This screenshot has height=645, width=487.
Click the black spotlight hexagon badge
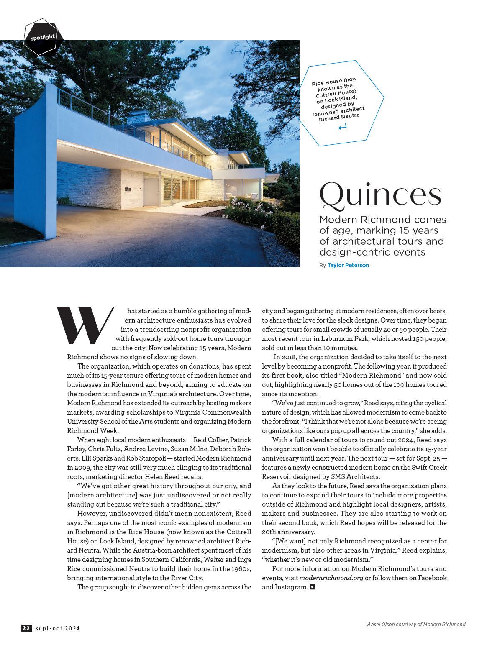43,38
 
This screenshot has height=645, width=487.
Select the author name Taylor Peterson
348,265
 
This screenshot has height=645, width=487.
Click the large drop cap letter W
85,325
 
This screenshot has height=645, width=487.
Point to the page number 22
26,628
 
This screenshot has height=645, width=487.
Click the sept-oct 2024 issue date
58,628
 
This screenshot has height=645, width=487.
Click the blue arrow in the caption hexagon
343,126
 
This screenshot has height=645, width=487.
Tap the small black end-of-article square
312,587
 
